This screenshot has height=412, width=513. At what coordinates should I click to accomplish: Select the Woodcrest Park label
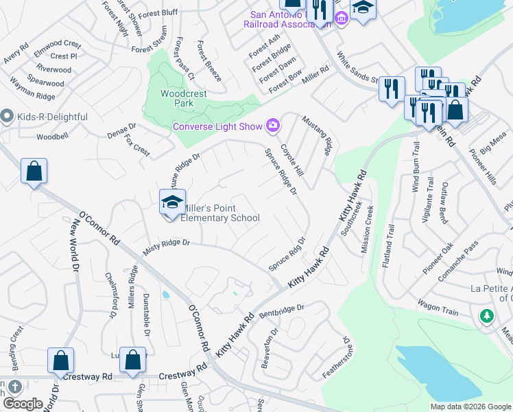click(x=177, y=98)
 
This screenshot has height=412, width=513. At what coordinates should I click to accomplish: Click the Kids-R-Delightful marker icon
click(x=8, y=117)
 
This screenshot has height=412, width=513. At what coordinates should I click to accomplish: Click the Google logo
click(x=22, y=404)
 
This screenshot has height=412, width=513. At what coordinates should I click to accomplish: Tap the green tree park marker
click(x=487, y=316)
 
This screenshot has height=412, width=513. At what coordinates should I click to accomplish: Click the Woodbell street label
click(x=53, y=137)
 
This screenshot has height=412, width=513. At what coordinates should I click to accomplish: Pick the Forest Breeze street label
click(x=208, y=61)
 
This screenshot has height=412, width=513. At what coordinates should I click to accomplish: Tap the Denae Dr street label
click(x=122, y=131)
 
